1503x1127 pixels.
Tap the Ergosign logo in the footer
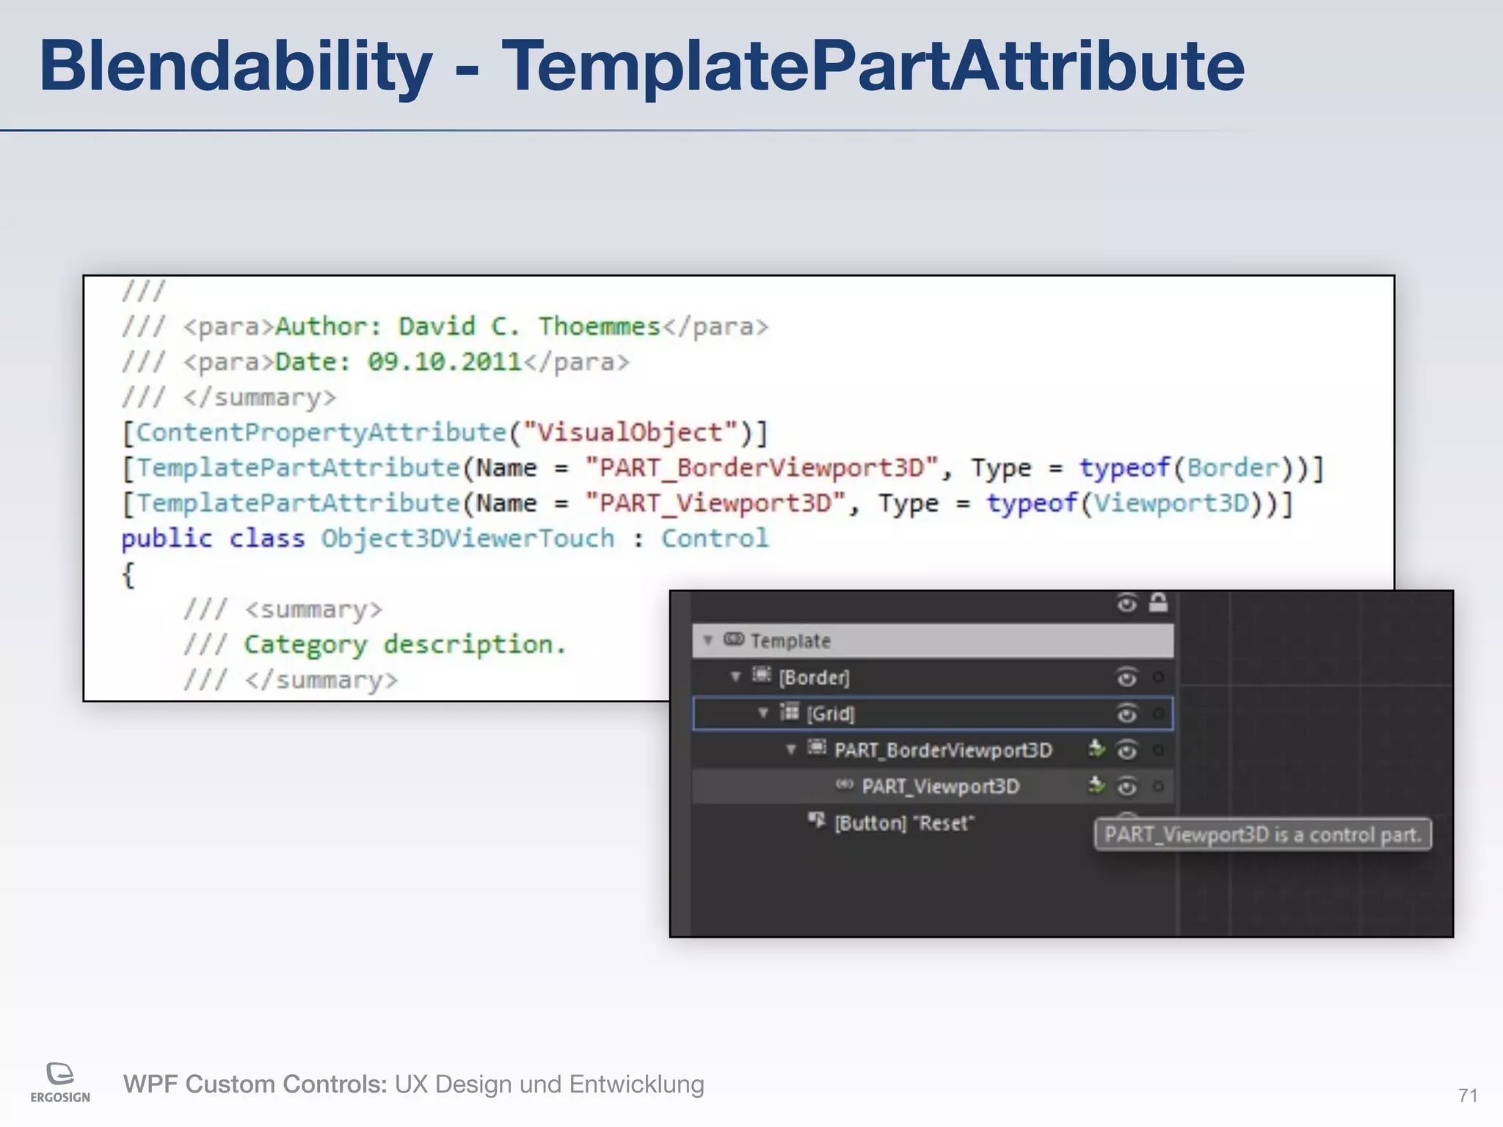click(x=60, y=1082)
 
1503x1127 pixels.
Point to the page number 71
click(x=1468, y=1095)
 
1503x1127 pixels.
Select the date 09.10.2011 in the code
click(x=444, y=362)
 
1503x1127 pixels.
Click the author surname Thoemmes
click(x=600, y=327)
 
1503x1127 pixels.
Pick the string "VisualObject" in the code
click(x=629, y=432)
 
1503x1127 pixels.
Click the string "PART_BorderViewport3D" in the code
click(x=761, y=467)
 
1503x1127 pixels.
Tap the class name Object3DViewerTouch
click(x=467, y=538)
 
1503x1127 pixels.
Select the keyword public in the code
click(x=167, y=538)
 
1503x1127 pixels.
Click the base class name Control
click(x=715, y=538)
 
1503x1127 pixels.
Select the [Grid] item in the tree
click(x=830, y=713)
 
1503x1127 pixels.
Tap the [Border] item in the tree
click(x=814, y=676)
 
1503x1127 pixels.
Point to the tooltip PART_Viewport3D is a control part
click(x=1262, y=834)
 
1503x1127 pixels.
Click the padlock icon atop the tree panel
click(x=1158, y=602)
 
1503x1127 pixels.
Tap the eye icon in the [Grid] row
click(x=1127, y=713)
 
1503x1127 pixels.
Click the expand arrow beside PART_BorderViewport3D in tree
click(x=791, y=749)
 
